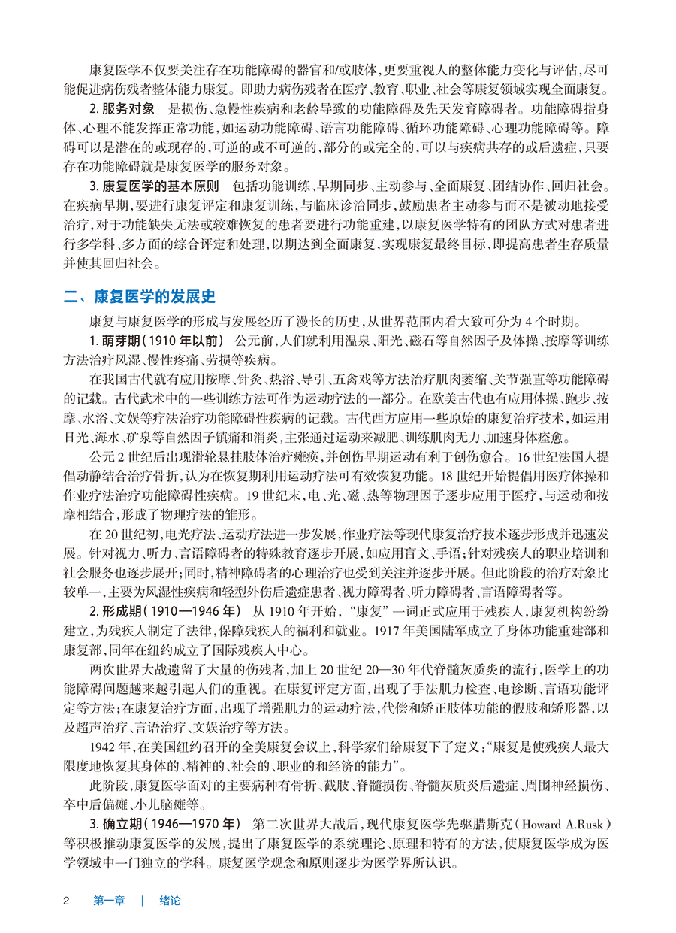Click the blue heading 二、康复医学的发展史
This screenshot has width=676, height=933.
pyautogui.click(x=140, y=296)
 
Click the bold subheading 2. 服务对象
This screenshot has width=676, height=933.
pyautogui.click(x=120, y=107)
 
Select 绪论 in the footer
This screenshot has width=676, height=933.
pyautogui.click(x=171, y=900)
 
